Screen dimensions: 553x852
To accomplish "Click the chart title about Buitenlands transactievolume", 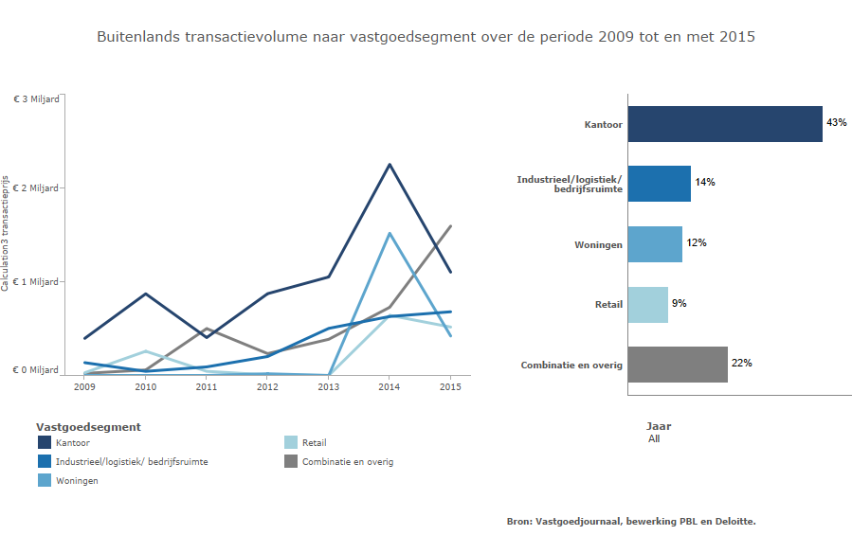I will point(426,37).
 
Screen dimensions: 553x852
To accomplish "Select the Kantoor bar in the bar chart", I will point(724,123).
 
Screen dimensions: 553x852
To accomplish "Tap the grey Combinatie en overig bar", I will point(677,365).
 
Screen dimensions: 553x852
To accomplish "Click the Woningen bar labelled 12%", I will point(654,244).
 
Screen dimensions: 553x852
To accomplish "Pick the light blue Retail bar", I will point(647,305).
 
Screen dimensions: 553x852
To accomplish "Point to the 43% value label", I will point(836,123).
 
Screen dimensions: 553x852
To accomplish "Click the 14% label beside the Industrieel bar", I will point(704,182).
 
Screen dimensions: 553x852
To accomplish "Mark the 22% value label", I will point(741,364).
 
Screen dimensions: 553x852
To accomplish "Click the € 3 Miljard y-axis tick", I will point(36,98).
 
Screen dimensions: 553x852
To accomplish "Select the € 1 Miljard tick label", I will point(36,282).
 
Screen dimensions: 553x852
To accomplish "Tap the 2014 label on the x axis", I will point(389,386).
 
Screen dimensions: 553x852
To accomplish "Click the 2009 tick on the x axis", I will point(84,386).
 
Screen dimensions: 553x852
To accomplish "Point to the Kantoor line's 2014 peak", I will point(389,165).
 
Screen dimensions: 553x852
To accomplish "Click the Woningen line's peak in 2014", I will point(389,233).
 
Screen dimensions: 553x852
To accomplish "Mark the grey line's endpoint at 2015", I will point(450,226).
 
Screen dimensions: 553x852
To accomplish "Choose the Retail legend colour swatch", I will point(292,442).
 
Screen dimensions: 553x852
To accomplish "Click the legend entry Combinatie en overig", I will point(347,462).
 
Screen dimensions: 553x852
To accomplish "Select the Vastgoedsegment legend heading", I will point(88,427).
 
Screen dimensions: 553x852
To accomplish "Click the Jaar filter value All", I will point(654,439).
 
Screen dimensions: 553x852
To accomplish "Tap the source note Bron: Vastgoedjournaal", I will point(631,521).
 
